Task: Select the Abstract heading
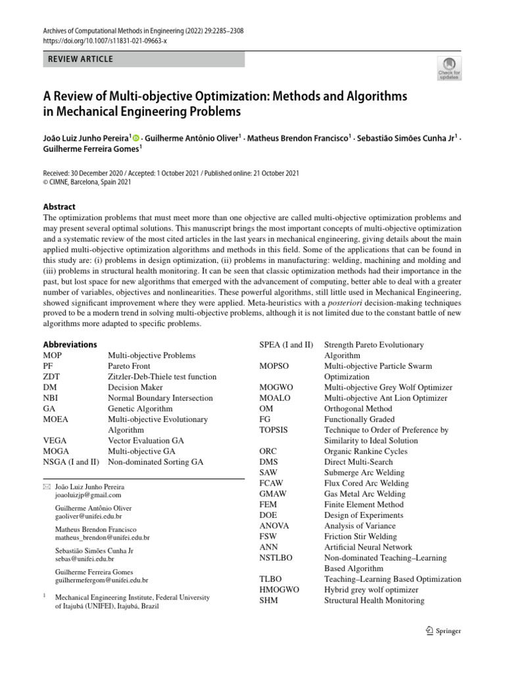(59, 206)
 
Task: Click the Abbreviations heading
(70, 344)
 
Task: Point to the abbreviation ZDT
(52, 377)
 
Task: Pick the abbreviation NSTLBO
(276, 557)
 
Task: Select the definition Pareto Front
(129, 366)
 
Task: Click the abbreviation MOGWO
(276, 387)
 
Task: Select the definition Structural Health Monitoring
(374, 600)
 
